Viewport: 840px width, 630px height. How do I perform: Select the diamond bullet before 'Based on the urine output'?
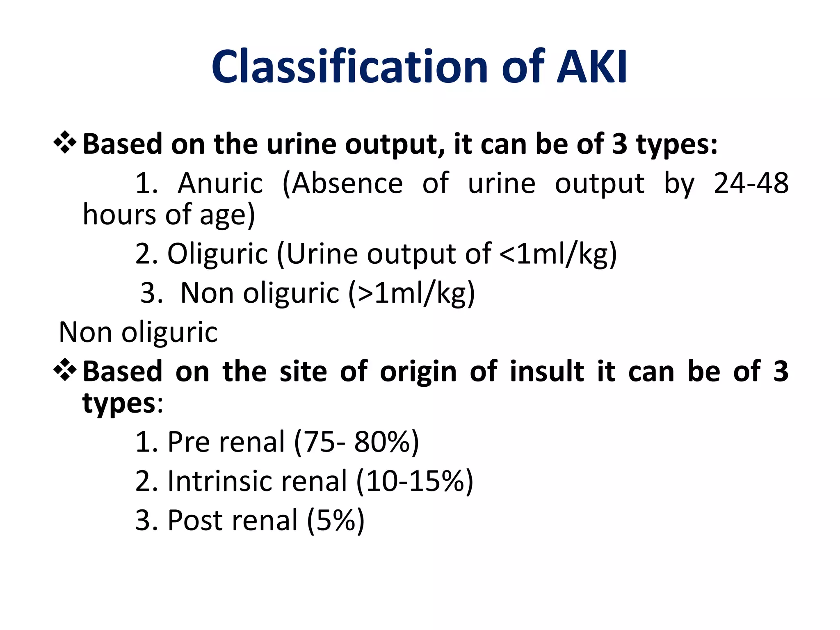(x=65, y=143)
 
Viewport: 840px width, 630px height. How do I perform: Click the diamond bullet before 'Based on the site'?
(x=65, y=370)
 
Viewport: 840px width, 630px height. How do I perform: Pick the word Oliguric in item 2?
(x=217, y=254)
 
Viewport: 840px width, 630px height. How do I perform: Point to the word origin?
(x=418, y=371)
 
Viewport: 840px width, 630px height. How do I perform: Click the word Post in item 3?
(x=192, y=520)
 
